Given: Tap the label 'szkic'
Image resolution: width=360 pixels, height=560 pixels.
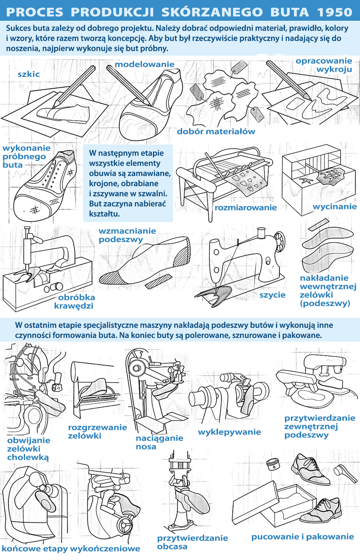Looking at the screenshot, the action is [x=29, y=74].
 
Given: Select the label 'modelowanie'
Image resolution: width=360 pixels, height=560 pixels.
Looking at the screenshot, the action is [x=144, y=64].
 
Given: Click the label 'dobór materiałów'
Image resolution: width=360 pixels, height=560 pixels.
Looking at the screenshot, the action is [x=216, y=131].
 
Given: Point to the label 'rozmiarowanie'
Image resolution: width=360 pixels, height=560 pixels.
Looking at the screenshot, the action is [x=246, y=208].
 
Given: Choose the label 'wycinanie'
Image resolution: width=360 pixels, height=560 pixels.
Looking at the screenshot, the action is [x=335, y=207].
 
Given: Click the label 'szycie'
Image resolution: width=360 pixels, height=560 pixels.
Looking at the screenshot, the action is [x=272, y=295].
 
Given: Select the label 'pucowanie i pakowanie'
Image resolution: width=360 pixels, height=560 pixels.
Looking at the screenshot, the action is [x=302, y=537].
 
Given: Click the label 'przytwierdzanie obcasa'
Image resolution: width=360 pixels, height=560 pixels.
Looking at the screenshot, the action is [x=192, y=542].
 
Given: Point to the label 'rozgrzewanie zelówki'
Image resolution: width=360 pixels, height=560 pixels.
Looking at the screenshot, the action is [x=98, y=431].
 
